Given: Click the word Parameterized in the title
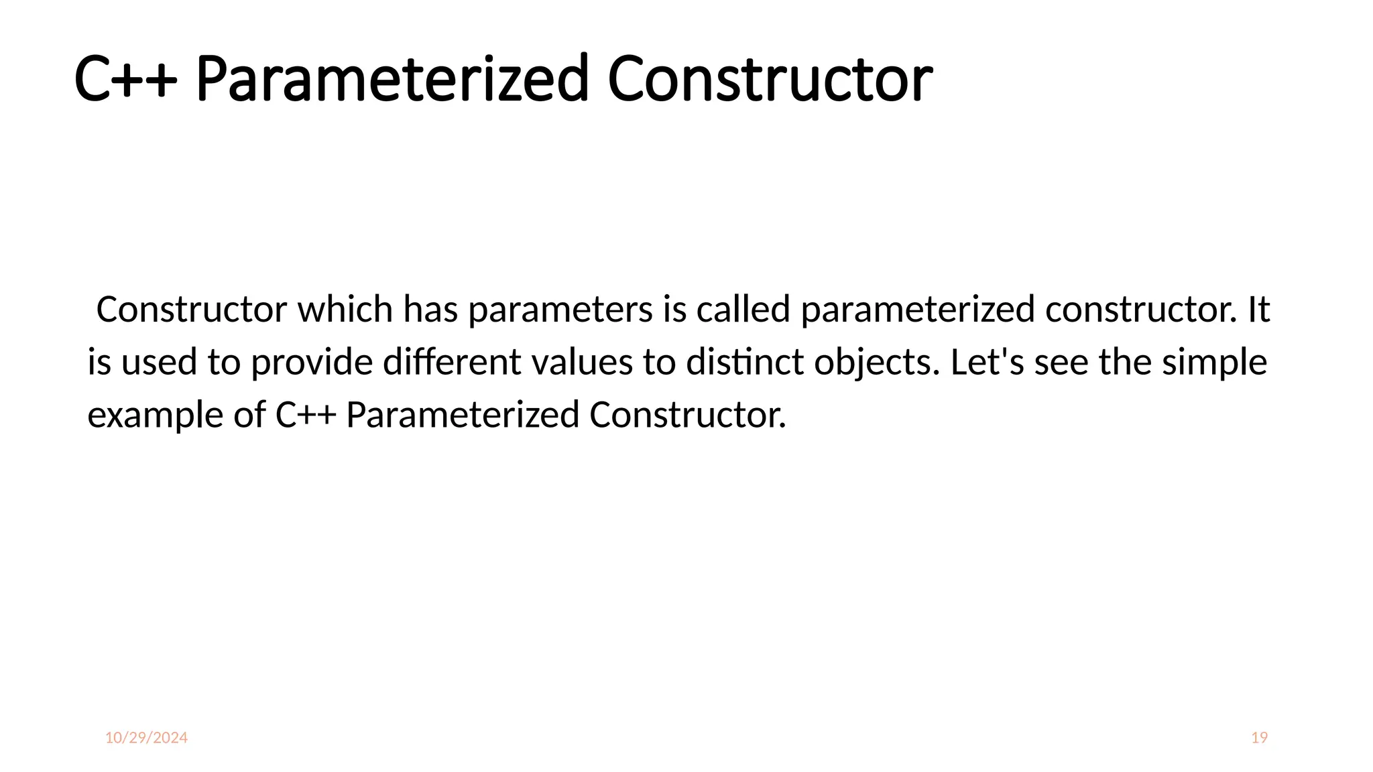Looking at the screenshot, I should (392, 80).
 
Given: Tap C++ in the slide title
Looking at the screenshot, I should (125, 80).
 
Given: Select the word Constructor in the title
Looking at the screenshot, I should (770, 80).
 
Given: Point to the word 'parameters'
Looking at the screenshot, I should (560, 311).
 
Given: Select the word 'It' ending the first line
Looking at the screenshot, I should (1258, 310).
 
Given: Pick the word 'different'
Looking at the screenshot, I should (452, 363).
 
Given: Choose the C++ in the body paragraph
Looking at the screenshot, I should (306, 415).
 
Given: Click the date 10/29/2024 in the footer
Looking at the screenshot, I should (146, 738).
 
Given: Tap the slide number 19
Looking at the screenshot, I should (1259, 738).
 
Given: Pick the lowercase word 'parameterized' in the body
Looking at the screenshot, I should (918, 311).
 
